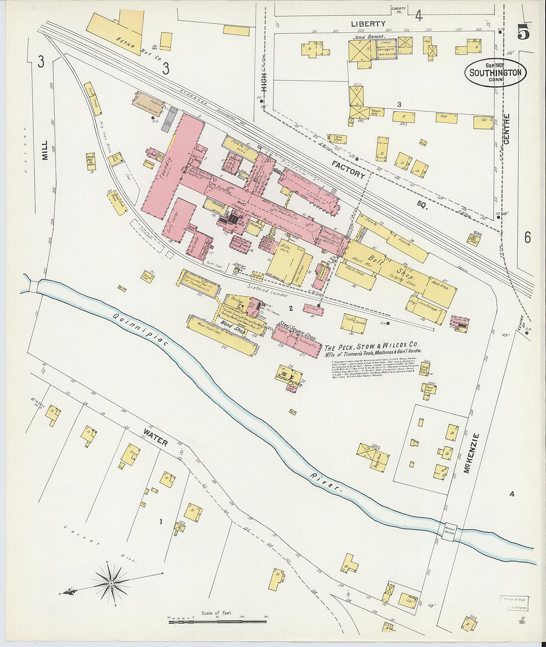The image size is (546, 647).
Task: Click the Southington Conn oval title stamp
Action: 495,73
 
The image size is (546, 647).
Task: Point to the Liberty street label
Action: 368,24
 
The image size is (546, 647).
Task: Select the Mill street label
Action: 45,150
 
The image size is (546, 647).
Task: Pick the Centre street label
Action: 506,129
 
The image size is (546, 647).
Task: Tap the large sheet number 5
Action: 523,33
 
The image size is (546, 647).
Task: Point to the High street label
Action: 264,82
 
